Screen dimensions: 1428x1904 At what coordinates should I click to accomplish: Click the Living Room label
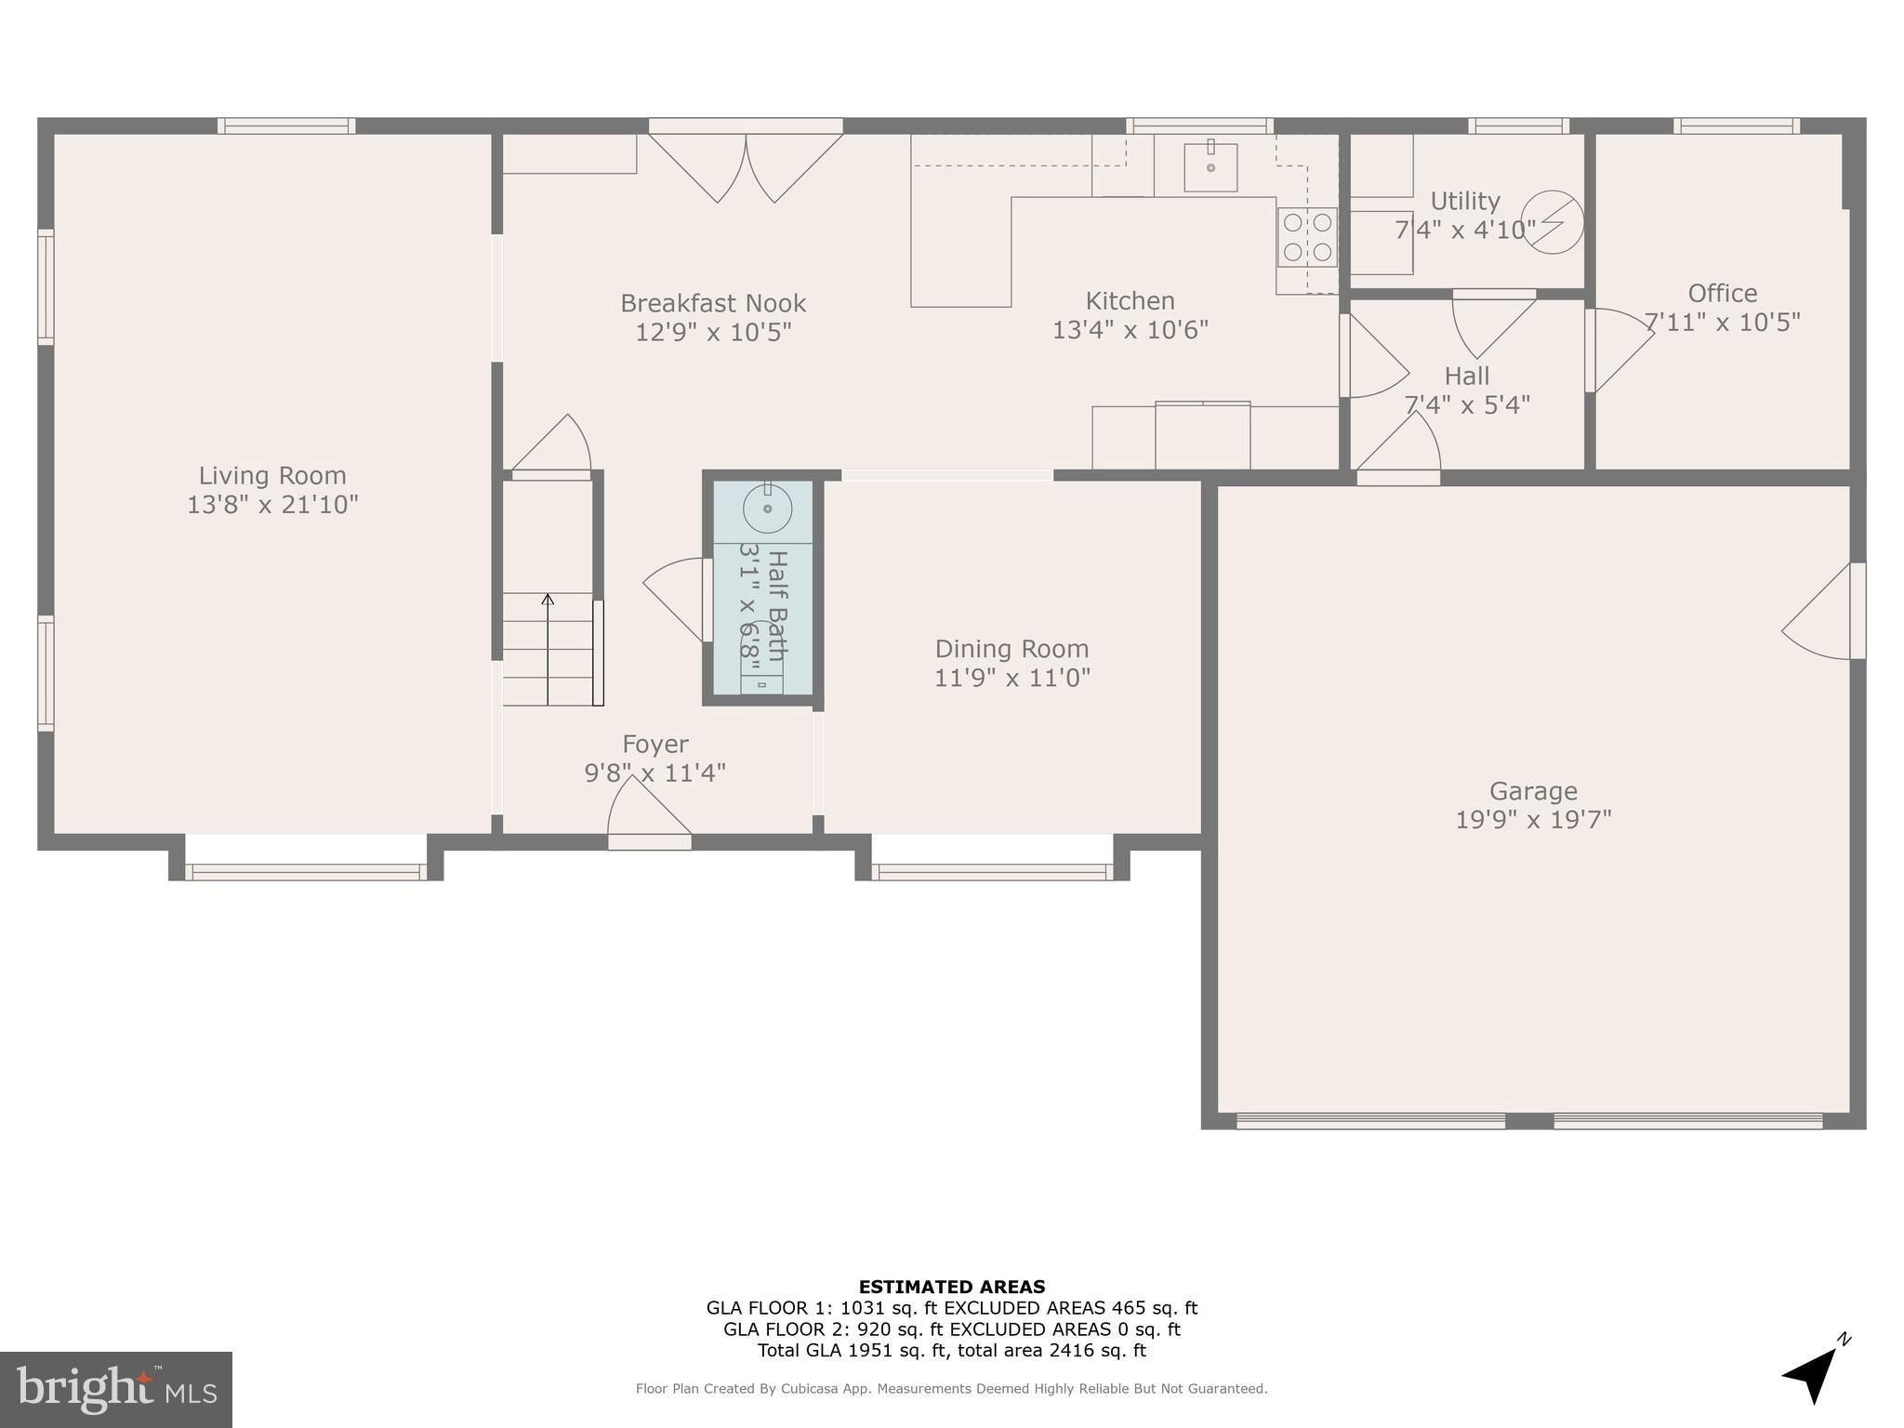click(x=272, y=476)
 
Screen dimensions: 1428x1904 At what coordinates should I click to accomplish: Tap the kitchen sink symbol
click(x=1210, y=166)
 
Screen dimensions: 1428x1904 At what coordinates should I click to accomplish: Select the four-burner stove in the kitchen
click(x=1307, y=236)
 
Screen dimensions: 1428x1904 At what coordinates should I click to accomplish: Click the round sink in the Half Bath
click(x=767, y=509)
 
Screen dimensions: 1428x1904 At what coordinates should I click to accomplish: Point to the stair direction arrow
click(x=548, y=601)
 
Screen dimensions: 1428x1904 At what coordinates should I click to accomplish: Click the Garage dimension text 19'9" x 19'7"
click(x=1533, y=820)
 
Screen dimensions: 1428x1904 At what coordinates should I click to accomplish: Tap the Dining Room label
click(x=1011, y=649)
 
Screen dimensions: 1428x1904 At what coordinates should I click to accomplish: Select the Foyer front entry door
click(x=649, y=818)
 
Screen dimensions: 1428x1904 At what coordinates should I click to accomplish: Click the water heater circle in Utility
click(x=1553, y=222)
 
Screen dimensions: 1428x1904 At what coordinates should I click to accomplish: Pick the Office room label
click(x=1722, y=294)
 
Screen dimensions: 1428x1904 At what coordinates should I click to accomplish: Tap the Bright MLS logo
click(x=116, y=1390)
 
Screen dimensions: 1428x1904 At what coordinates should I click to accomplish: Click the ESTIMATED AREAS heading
click(x=951, y=1287)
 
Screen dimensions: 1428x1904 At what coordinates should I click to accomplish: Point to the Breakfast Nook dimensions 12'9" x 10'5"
click(x=713, y=333)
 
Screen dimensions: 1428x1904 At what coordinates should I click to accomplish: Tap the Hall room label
click(x=1466, y=377)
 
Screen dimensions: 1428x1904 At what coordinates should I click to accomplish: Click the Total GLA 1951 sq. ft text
click(x=951, y=1351)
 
